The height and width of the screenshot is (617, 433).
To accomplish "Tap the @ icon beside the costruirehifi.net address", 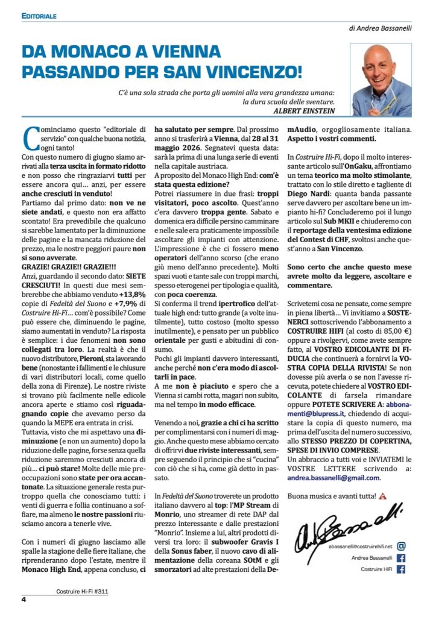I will click(x=402, y=546).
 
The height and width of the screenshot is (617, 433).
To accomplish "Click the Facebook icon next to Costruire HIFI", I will click(x=402, y=569).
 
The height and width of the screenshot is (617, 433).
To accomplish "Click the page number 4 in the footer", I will click(x=24, y=600).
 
